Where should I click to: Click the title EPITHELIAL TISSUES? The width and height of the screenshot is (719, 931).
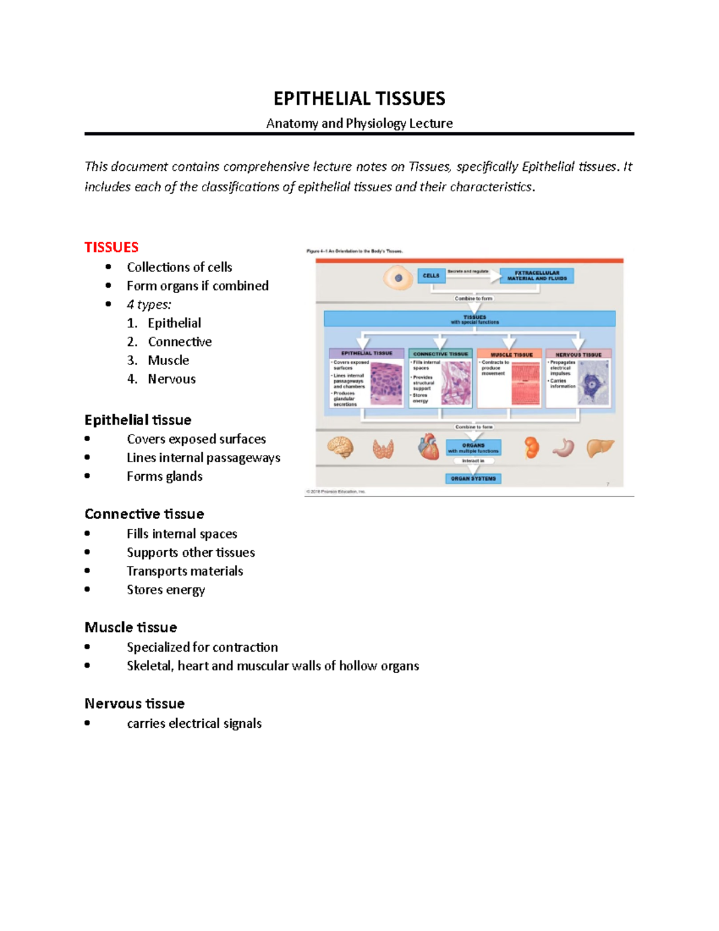tap(359, 98)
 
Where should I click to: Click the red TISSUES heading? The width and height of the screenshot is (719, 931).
tap(111, 247)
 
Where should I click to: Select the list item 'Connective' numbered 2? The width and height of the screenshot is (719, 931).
tap(179, 342)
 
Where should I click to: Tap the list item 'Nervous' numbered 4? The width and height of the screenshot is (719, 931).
tap(171, 379)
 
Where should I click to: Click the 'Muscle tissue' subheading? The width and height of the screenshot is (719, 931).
tap(131, 627)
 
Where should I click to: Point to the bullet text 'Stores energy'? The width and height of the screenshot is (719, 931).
tap(165, 590)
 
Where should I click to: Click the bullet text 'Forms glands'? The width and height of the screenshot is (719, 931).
tap(164, 476)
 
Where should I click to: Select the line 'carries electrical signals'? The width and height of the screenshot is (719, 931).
tap(194, 724)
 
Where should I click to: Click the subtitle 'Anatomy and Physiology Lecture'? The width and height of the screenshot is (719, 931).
tap(359, 123)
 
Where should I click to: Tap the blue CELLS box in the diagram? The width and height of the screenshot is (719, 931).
tap(431, 276)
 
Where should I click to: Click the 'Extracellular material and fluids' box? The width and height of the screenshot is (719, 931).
tap(537, 276)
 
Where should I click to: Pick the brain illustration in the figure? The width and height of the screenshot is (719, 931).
tap(340, 447)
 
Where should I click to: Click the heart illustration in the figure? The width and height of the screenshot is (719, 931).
tap(428, 447)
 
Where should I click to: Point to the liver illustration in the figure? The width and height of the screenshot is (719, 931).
tap(600, 447)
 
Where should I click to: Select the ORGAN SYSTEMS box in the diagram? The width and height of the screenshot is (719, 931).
tap(473, 478)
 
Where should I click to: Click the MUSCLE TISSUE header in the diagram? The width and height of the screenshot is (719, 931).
tap(511, 354)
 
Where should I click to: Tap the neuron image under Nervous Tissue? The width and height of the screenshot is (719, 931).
tap(593, 384)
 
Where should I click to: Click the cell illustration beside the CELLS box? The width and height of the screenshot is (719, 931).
tap(398, 278)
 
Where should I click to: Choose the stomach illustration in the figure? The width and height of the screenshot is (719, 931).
tap(564, 447)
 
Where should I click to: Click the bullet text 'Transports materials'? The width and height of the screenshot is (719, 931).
tap(185, 571)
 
